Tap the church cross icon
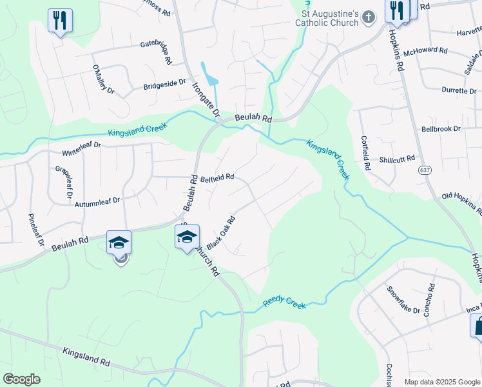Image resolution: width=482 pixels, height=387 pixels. [x=368, y=17]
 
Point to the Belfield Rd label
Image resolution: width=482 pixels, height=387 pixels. [x=217, y=177]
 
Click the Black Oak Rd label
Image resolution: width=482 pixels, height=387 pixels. [x=220, y=231]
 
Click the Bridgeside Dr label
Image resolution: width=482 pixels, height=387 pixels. [x=164, y=84]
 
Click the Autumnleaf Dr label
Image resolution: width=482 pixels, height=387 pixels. [x=97, y=201]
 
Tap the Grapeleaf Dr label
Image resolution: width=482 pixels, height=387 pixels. [x=64, y=181]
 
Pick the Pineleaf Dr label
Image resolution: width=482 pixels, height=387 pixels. [x=34, y=230]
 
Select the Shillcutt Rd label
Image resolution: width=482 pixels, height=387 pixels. [x=397, y=159]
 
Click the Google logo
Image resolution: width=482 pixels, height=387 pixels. [x=21, y=379]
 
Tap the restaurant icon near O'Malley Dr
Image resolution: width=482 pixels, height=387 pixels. [x=60, y=20]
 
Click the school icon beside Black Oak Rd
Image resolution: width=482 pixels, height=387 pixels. [x=187, y=237]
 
